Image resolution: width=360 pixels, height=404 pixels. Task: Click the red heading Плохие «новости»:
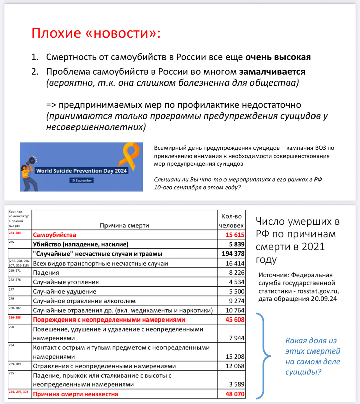click(x=96, y=33)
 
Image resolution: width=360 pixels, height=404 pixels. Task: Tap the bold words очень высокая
click(x=278, y=57)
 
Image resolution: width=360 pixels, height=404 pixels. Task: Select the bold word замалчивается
click(x=272, y=72)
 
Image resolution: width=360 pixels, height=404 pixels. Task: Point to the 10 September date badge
click(x=81, y=181)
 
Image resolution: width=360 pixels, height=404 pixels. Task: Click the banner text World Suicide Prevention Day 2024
click(x=81, y=171)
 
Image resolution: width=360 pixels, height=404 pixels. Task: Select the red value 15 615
click(x=235, y=235)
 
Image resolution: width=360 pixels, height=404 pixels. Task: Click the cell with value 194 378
click(x=233, y=254)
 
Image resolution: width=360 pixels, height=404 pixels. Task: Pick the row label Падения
click(x=46, y=273)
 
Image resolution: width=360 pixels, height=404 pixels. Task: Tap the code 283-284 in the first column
click(x=15, y=233)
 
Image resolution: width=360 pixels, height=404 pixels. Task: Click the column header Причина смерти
click(x=124, y=225)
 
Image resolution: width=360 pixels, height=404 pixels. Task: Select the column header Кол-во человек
click(x=231, y=221)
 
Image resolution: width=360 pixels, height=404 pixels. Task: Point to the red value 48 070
click(x=235, y=394)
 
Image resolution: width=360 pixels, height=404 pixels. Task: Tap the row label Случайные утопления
click(x=66, y=282)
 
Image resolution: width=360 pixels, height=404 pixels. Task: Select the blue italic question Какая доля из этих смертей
click(x=312, y=346)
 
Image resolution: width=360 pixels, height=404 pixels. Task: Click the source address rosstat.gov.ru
click(x=318, y=291)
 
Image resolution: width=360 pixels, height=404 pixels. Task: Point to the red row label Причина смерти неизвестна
click(x=76, y=394)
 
